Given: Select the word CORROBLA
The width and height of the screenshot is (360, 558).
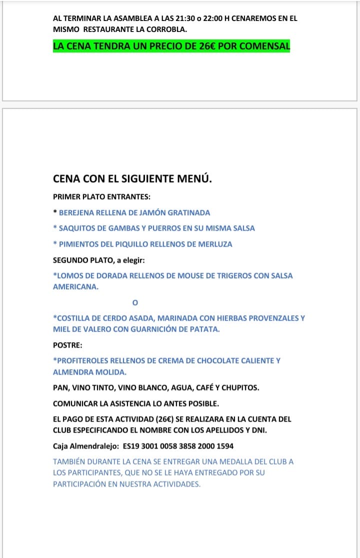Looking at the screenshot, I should (167, 29).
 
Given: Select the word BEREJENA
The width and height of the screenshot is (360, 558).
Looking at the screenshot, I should (76, 212).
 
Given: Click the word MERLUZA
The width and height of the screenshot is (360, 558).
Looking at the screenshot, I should (215, 244).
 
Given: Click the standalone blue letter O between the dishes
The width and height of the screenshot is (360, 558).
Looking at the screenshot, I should (134, 303).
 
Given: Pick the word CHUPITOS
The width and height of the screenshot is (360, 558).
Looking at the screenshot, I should (241, 388).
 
